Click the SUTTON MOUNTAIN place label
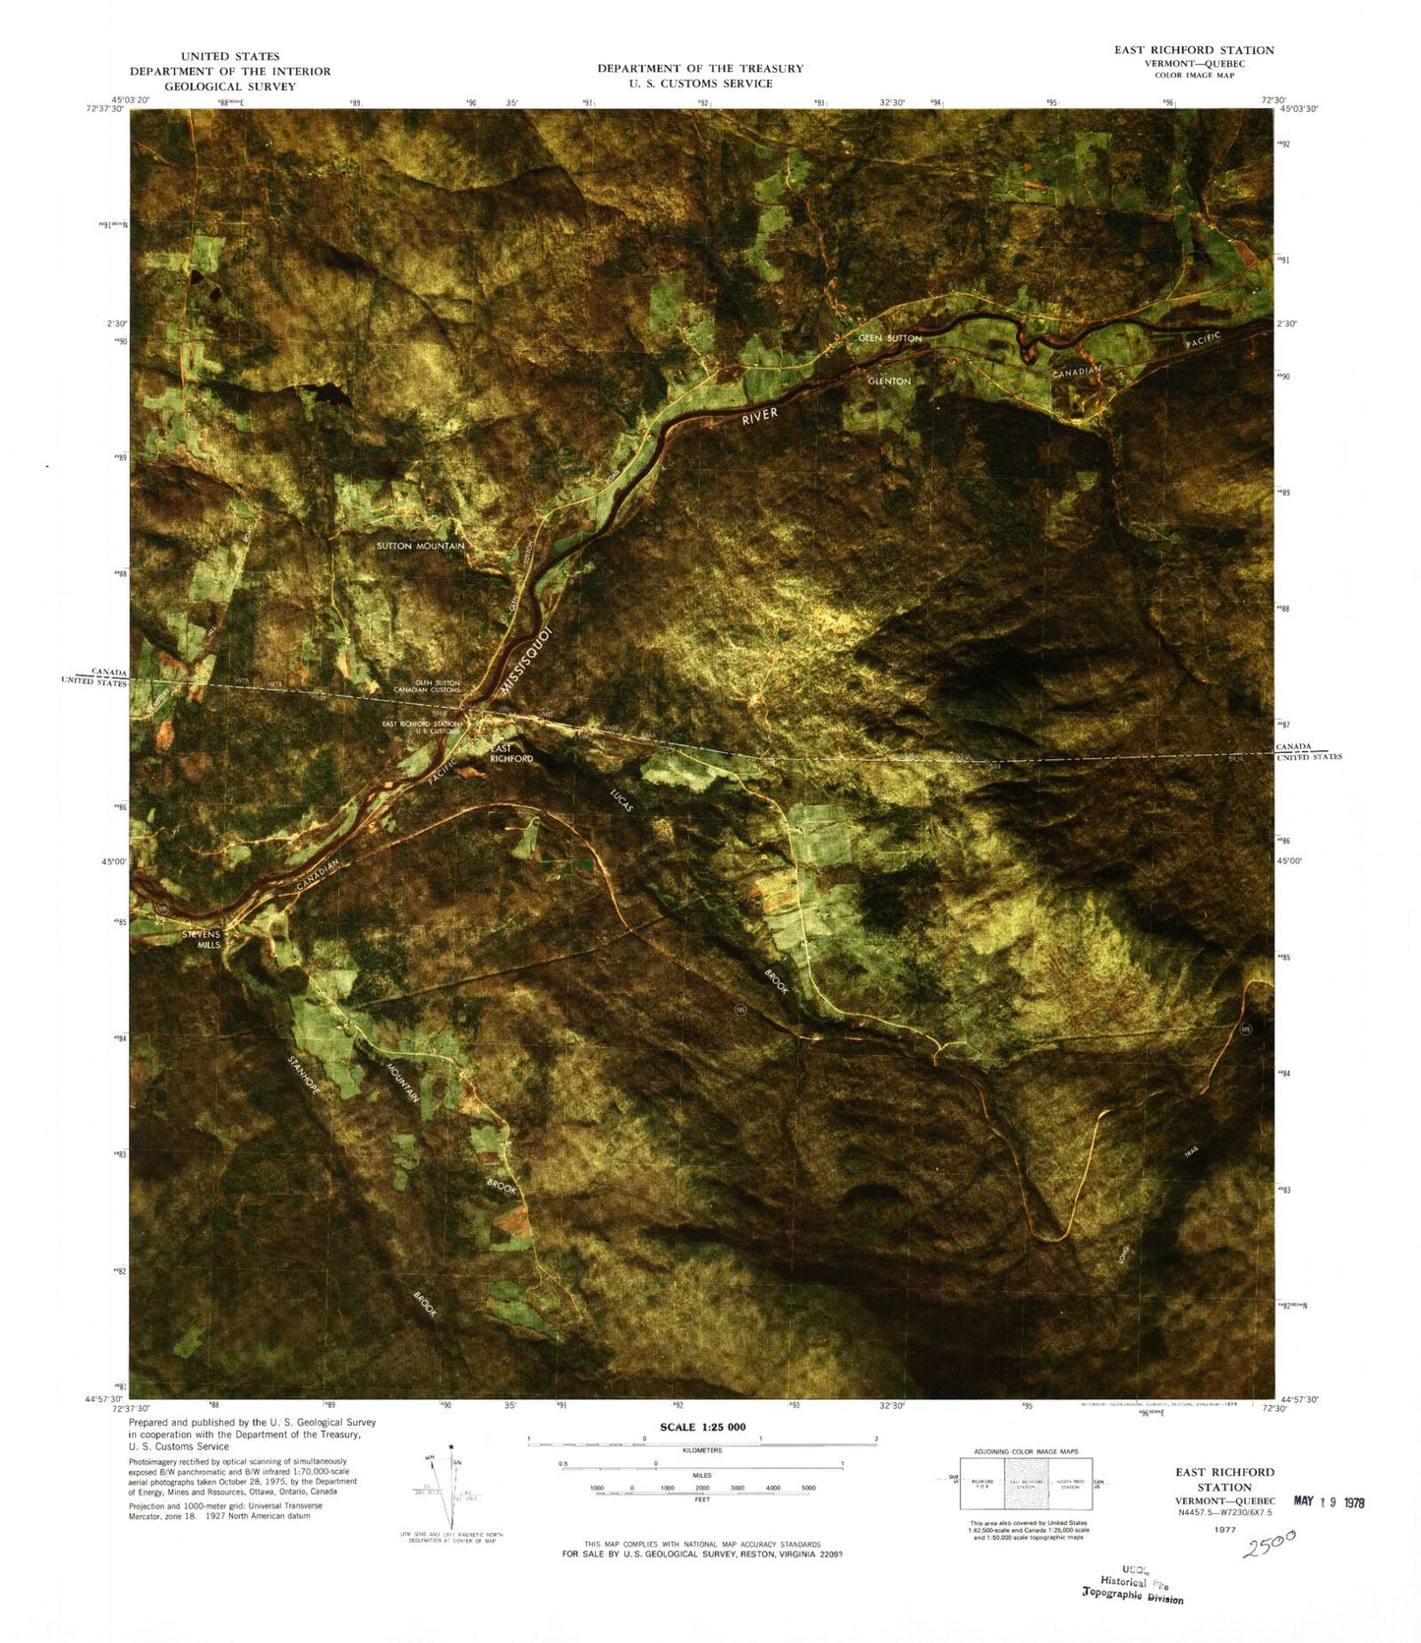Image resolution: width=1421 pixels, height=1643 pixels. point(420,546)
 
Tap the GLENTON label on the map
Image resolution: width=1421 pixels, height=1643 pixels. point(889,381)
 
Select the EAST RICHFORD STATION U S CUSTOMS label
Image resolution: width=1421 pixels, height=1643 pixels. point(421,728)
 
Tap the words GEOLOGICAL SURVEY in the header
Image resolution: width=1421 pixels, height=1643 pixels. point(230,87)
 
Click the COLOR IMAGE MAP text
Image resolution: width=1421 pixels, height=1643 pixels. point(1194,76)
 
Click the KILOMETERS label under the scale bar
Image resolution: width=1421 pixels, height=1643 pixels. point(701,1450)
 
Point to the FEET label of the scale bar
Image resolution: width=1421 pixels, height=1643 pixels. point(701,1500)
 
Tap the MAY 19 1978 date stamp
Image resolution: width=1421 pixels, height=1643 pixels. point(1329,1501)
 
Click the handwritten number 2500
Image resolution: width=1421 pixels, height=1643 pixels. point(1270,1545)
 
